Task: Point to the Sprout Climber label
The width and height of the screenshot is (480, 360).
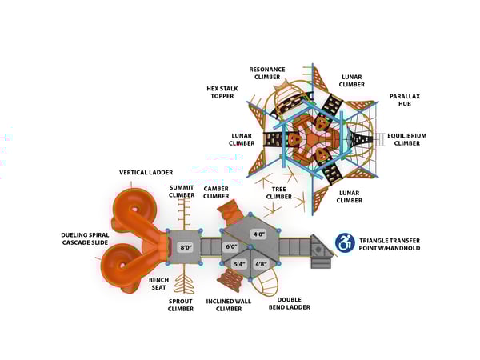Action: tap(181, 306)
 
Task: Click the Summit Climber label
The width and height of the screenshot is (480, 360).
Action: tap(182, 191)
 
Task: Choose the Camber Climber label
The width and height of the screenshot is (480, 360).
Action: tap(217, 191)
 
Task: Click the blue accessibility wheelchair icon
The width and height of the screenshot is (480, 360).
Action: tap(345, 242)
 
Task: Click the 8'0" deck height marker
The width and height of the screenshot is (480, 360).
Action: tap(186, 247)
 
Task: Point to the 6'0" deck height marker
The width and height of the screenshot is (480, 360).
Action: tap(232, 246)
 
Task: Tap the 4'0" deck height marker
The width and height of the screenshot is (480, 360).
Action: tap(259, 234)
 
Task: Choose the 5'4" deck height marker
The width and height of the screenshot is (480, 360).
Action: tap(239, 263)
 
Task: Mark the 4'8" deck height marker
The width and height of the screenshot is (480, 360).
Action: tap(261, 263)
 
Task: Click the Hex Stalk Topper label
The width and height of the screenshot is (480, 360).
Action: tap(221, 93)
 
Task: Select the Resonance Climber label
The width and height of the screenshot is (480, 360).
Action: tap(266, 74)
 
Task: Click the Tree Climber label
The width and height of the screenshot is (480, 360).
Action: tap(279, 192)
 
